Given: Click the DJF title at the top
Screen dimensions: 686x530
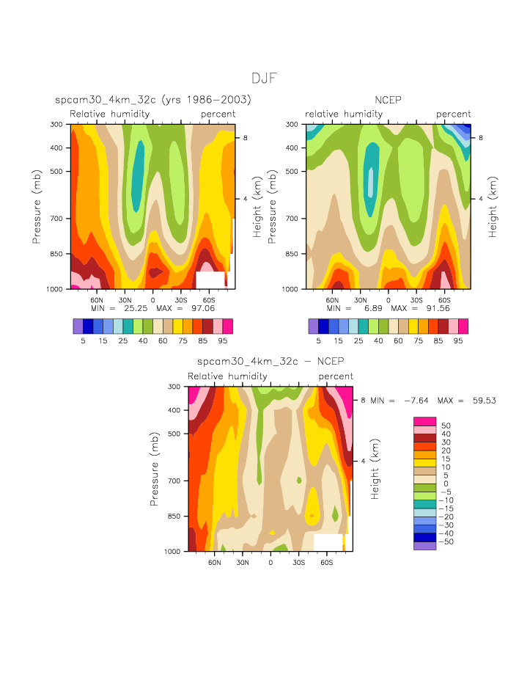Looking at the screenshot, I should click(x=264, y=79).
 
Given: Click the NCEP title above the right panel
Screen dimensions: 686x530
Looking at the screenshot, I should click(x=388, y=100).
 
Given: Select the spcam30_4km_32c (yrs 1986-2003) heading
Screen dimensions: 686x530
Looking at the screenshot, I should click(x=152, y=100).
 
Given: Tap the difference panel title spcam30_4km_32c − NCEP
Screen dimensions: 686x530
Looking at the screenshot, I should click(x=270, y=362).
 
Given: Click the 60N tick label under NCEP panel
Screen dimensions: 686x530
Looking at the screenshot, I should click(x=332, y=300).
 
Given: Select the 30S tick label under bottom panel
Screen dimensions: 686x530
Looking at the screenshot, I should click(x=298, y=562).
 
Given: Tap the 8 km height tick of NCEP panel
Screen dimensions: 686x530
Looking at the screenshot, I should click(x=478, y=138).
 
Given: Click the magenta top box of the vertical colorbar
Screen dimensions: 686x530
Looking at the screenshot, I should click(x=425, y=421).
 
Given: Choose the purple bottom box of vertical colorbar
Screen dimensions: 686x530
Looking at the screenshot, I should click(x=425, y=546).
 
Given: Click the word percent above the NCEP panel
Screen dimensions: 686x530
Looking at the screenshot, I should click(x=453, y=114).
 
